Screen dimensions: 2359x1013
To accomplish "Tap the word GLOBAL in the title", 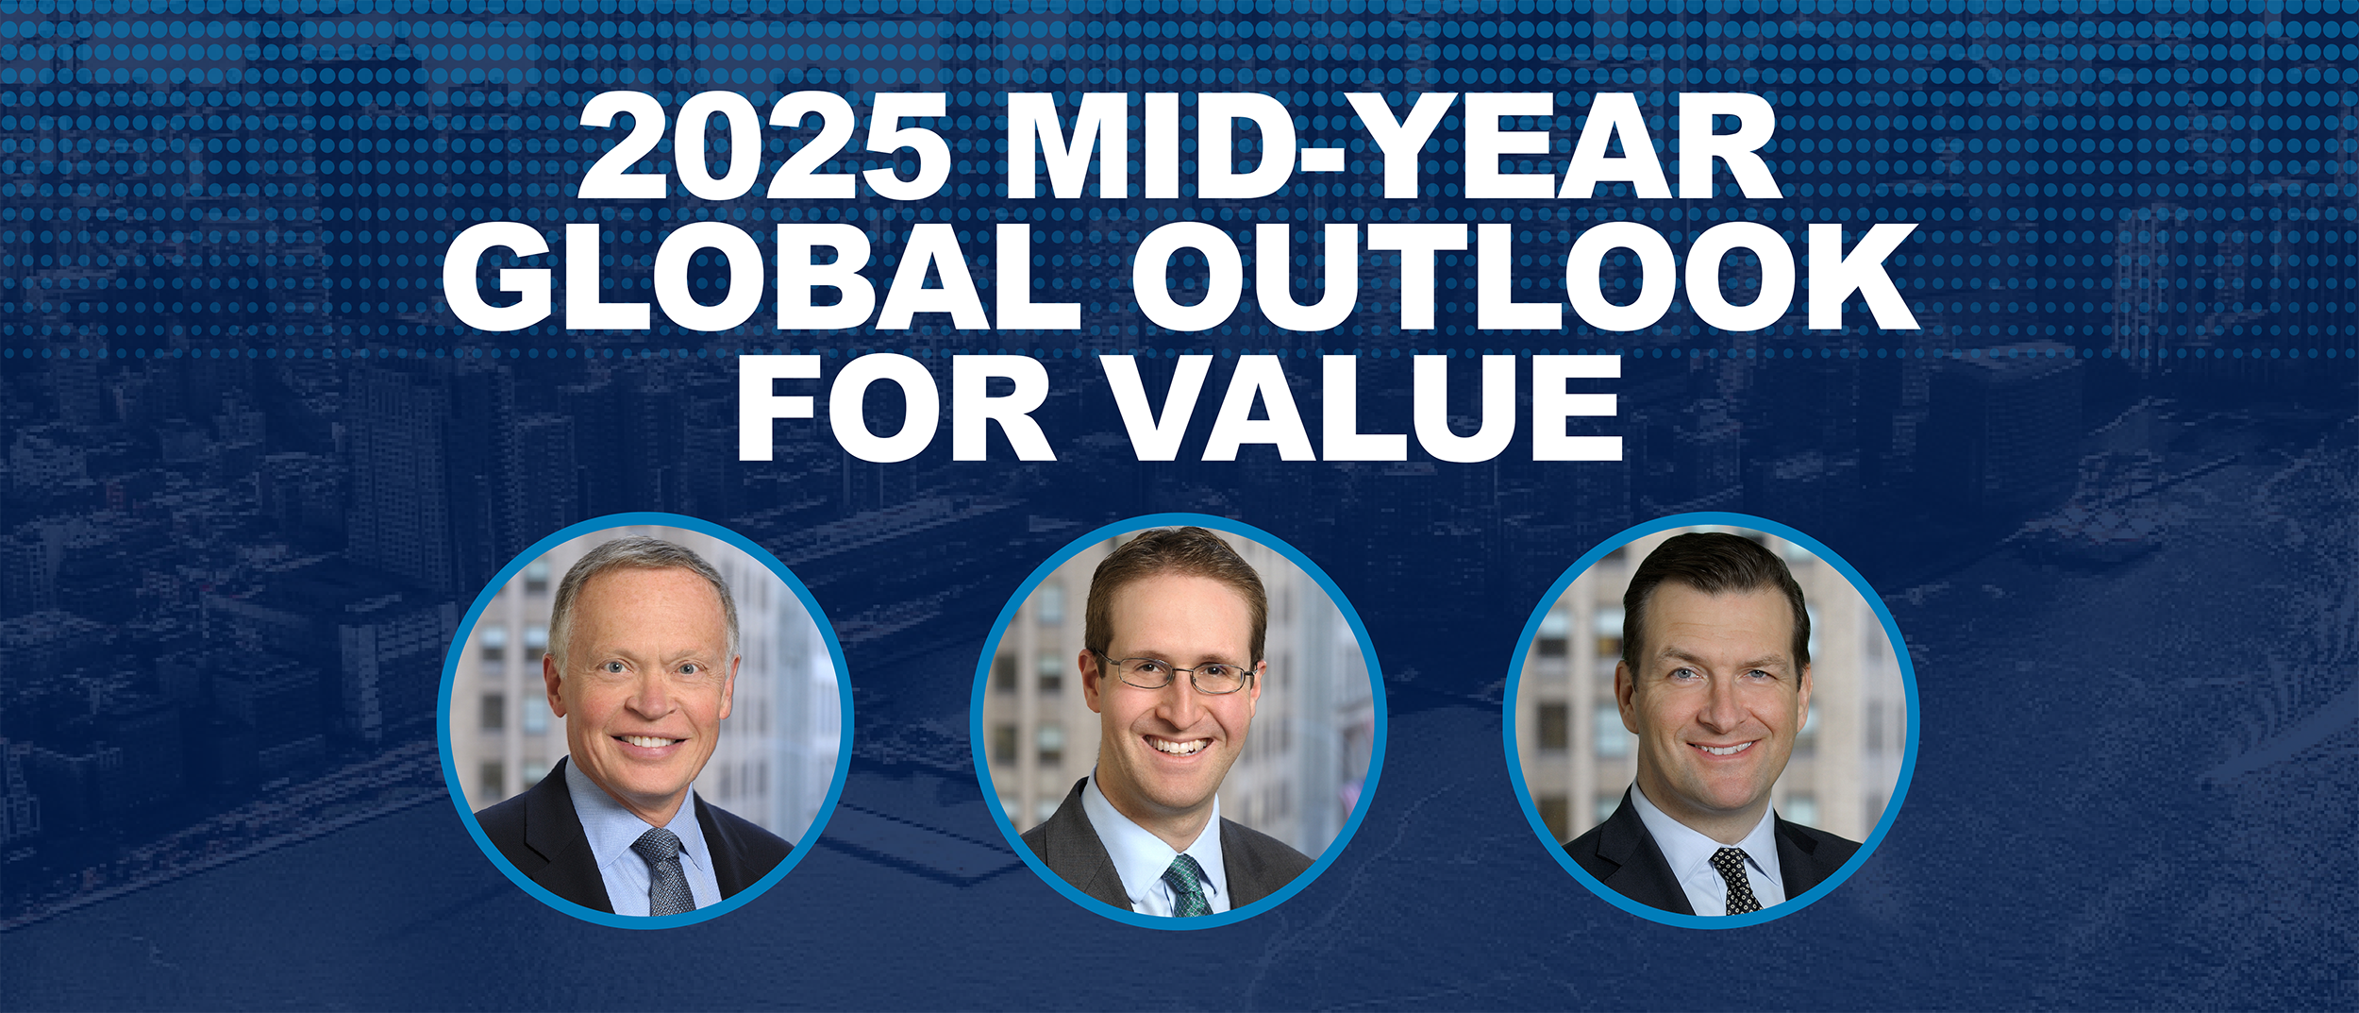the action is [761, 276].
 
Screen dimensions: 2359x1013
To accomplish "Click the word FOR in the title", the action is [895, 407].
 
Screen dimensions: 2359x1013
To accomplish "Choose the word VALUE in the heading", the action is [1364, 407].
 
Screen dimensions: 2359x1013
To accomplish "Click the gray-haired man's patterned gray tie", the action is [664, 871].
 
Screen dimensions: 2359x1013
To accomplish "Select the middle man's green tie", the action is [1187, 886].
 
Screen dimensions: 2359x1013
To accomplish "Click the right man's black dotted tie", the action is [1734, 881].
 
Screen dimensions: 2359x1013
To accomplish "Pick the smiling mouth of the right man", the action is [1721, 749].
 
